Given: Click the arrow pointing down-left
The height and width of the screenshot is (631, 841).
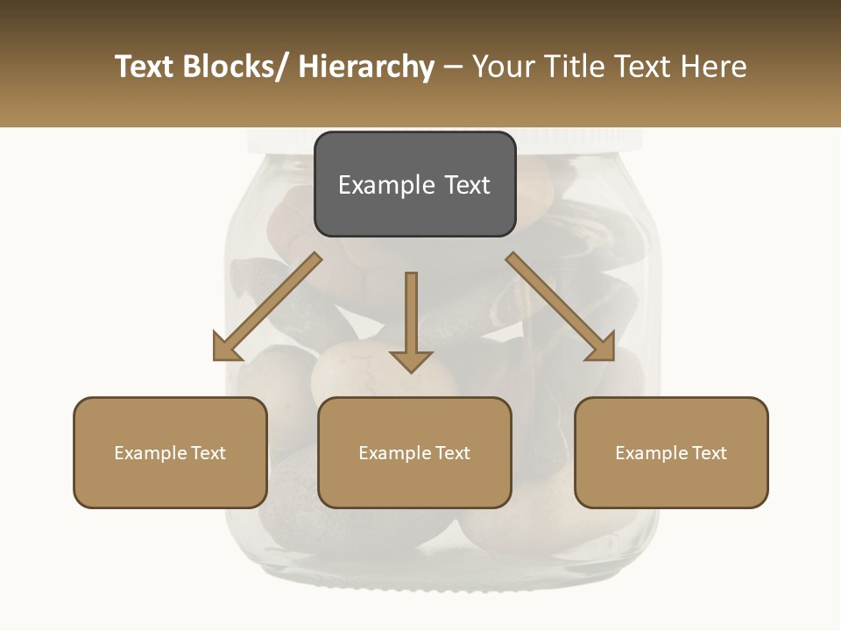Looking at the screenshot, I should (267, 307).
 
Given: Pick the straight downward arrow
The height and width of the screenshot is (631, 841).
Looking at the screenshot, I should (411, 315).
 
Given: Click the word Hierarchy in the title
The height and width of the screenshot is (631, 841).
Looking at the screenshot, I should (366, 67).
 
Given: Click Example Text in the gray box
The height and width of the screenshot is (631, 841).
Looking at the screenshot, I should (414, 185).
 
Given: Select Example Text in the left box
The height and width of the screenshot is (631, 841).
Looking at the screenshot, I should (170, 453).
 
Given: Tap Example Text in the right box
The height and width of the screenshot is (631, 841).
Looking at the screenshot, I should (671, 453).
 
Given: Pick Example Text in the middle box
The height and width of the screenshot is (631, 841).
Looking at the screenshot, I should (414, 453).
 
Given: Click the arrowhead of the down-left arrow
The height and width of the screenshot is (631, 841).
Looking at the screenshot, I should (226, 348).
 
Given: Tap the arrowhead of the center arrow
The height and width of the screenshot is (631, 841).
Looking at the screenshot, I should (411, 360).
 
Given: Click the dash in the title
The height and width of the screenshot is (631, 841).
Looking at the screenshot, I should (453, 67).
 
